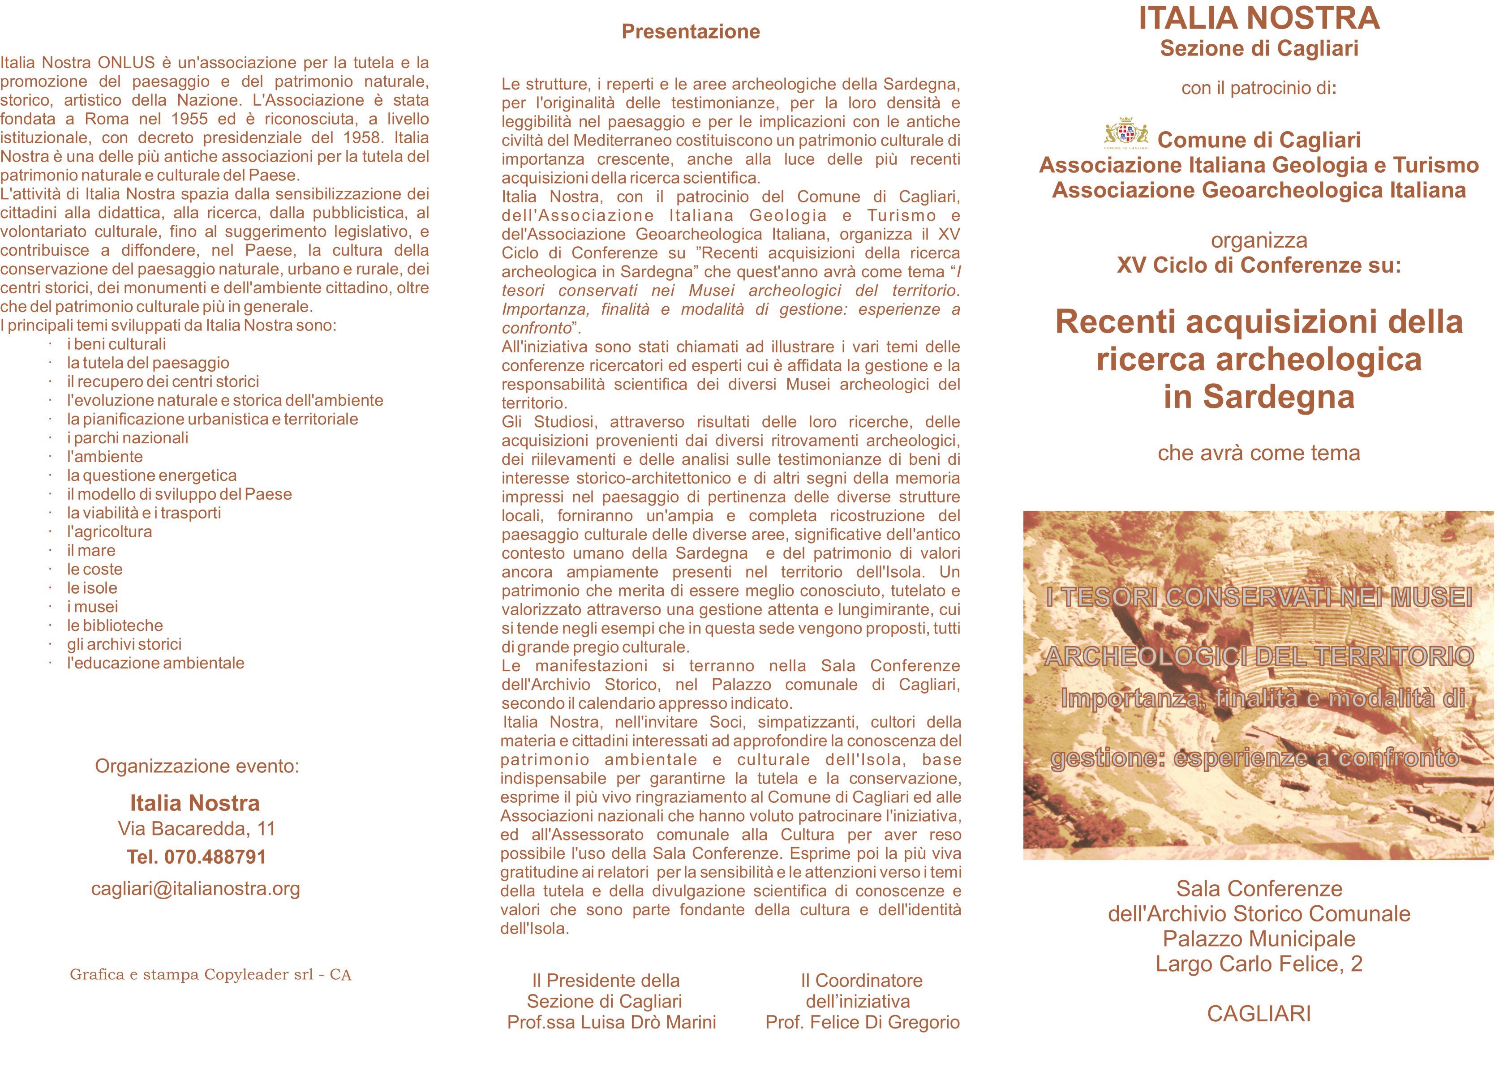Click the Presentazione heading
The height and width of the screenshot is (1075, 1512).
pos(691,32)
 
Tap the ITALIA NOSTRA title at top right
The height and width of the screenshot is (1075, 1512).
pos(1259,18)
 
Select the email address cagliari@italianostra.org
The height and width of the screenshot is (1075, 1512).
pos(196,888)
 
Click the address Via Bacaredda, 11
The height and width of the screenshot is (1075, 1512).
pos(197,828)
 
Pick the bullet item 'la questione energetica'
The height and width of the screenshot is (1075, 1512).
pos(151,475)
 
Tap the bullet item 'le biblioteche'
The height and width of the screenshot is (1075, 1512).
pos(115,625)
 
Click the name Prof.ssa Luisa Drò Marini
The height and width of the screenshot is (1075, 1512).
pos(612,1022)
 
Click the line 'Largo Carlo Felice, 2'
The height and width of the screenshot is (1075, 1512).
pos(1259,964)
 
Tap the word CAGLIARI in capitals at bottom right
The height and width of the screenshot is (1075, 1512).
pos(1259,1014)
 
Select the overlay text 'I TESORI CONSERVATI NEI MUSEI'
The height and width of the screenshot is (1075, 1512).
pos(1259,598)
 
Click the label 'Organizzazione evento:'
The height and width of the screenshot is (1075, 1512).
pos(197,766)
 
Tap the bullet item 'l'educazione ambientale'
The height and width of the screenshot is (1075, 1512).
pos(155,663)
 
